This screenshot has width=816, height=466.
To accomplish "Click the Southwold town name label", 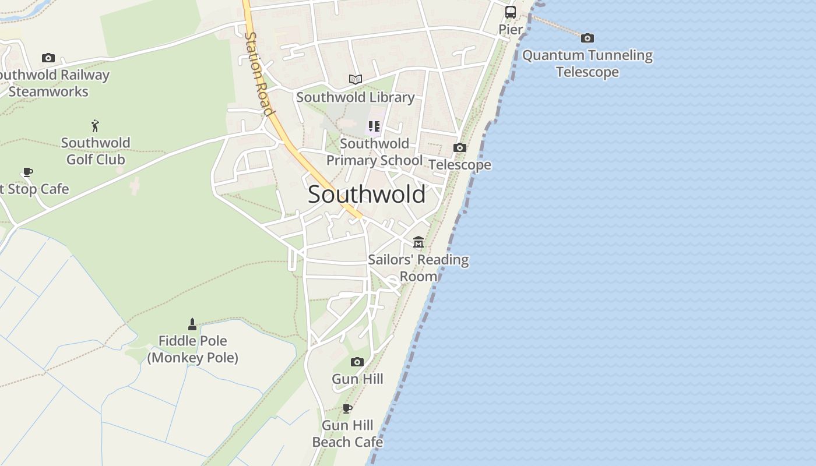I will click(x=366, y=195).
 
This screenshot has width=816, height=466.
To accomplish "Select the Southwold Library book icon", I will click(x=355, y=79).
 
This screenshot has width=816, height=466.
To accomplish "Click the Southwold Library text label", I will click(x=355, y=97).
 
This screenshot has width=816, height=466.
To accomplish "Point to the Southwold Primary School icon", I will click(x=374, y=126).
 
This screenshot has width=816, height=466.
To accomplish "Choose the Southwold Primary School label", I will click(x=374, y=152).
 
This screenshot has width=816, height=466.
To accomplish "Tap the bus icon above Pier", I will click(x=510, y=12).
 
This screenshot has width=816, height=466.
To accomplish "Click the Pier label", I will click(x=511, y=29).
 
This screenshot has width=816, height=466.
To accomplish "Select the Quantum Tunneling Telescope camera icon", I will click(x=587, y=38).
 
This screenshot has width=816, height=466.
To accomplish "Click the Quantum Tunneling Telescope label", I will click(x=587, y=63).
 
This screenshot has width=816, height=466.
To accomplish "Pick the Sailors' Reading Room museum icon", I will click(x=418, y=242).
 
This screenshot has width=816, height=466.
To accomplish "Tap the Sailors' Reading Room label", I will click(x=418, y=267).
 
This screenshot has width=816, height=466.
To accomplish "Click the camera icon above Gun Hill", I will click(x=357, y=362).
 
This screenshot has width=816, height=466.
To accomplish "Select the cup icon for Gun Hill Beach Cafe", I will click(x=347, y=408).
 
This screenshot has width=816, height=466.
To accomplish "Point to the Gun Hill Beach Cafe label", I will click(x=347, y=433).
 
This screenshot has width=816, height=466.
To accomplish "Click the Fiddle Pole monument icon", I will click(x=192, y=324).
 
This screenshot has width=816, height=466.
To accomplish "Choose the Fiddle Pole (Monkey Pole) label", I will click(x=192, y=349).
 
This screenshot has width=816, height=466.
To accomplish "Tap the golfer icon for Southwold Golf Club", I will click(x=95, y=125).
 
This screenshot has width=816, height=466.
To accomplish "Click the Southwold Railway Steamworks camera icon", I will click(x=48, y=58).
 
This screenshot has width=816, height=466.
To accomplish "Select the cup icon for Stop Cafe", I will click(x=27, y=172).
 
